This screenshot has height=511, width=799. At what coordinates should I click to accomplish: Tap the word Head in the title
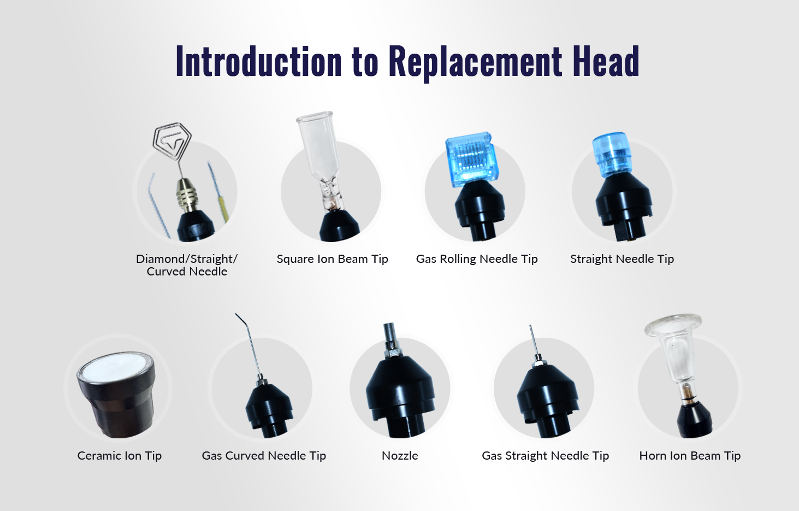point(606,61)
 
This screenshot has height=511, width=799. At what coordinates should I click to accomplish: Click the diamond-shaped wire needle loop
point(172,141)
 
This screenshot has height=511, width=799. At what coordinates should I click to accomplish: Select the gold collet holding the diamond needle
point(187,195)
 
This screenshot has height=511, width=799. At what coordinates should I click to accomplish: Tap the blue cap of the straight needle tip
point(609,155)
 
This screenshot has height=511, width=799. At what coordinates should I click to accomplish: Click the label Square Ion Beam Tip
point(332,259)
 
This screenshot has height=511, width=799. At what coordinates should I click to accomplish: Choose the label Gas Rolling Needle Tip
point(477,259)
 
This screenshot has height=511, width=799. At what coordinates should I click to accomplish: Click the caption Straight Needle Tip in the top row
point(622,259)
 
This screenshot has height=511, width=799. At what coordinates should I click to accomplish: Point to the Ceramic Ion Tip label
point(120,456)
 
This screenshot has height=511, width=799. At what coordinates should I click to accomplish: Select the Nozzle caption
point(400,456)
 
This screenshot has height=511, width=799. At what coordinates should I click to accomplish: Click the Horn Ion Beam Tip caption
point(690,456)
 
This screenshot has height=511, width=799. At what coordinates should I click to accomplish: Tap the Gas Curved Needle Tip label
point(264,456)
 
